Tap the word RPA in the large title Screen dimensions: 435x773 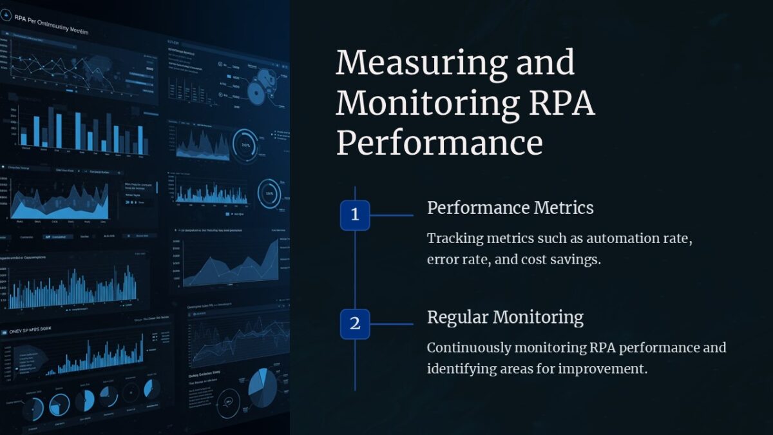[x=557, y=103]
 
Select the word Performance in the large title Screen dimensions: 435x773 [x=439, y=142]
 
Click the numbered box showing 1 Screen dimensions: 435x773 [x=355, y=215]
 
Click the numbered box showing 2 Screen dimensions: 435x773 [x=355, y=324]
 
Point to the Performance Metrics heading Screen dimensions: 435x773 [x=510, y=208]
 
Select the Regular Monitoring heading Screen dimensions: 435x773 [x=505, y=317]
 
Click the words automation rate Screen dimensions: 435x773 [x=635, y=238]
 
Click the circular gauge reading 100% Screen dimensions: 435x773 [x=245, y=144]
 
